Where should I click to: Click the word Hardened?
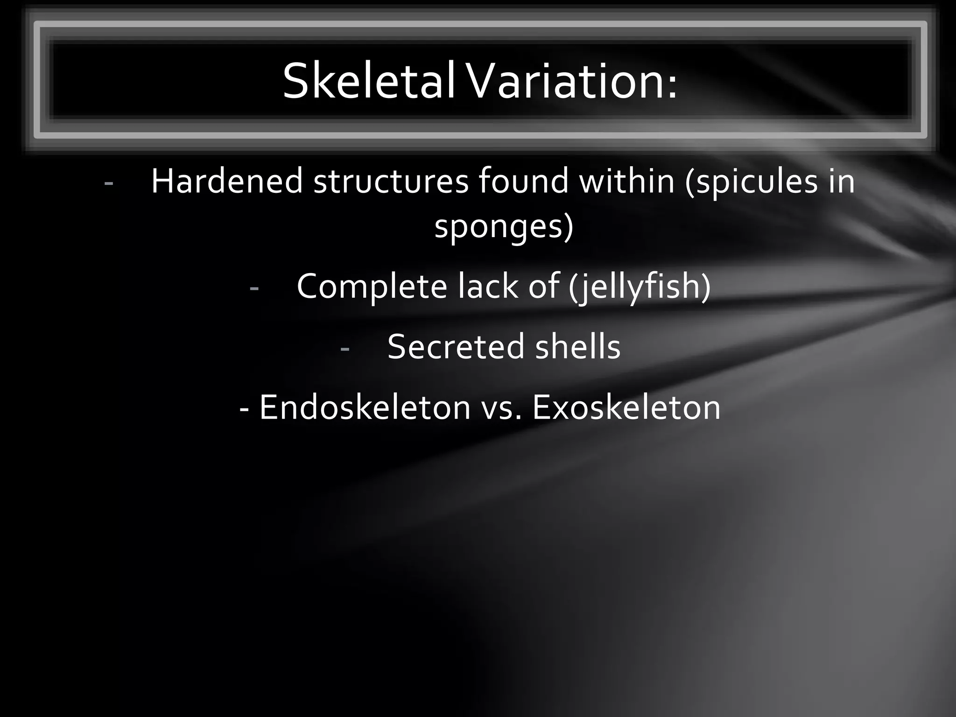point(227,181)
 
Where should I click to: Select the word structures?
point(391,181)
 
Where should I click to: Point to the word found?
point(523,181)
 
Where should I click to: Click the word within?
point(627,181)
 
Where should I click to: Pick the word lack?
point(487,286)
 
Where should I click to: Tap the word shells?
point(578,347)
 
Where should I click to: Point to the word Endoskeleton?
point(365,408)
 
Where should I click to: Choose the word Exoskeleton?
point(626,408)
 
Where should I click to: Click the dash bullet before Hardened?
point(109,183)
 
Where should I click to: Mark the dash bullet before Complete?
point(254,288)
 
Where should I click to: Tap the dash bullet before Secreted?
point(345,348)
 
